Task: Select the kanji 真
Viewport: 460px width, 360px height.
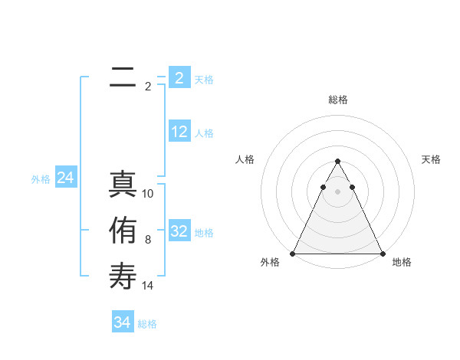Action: (122, 184)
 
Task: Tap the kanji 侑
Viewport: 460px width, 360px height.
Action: (122, 230)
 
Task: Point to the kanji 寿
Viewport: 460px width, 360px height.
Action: (122, 276)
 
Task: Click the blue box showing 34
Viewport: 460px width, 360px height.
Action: (122, 322)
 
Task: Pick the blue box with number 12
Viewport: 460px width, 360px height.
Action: (179, 133)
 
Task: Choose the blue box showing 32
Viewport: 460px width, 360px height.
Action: (179, 232)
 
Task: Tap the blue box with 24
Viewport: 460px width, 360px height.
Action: (65, 178)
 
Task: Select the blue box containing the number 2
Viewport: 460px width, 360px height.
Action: (179, 78)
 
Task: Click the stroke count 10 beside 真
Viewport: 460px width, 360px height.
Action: (148, 194)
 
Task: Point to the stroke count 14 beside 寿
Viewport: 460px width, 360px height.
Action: (148, 286)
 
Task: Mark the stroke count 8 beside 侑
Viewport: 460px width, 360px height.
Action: (148, 240)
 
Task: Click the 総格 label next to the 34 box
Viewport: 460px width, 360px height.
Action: (147, 324)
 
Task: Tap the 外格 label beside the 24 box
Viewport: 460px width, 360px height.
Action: (41, 179)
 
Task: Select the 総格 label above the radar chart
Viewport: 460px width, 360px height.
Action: (337, 100)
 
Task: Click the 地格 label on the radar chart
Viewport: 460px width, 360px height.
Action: (402, 262)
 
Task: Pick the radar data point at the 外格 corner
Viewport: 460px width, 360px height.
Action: (293, 254)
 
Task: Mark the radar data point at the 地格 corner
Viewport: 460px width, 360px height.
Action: (382, 254)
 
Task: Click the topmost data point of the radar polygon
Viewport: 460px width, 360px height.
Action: (337, 161)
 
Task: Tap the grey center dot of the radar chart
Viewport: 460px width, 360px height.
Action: (337, 191)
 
